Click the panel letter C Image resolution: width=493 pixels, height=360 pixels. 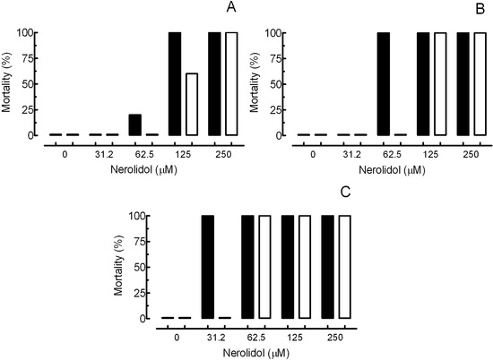(346, 192)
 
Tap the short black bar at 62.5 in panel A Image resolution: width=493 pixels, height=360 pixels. (135, 124)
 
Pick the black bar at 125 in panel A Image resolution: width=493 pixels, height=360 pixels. (175, 83)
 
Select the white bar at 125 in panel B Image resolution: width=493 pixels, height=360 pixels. (439, 83)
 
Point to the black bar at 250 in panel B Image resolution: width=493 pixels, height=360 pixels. (463, 83)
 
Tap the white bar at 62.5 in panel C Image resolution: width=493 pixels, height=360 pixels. (264, 267)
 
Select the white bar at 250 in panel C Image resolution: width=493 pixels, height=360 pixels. (345, 267)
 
